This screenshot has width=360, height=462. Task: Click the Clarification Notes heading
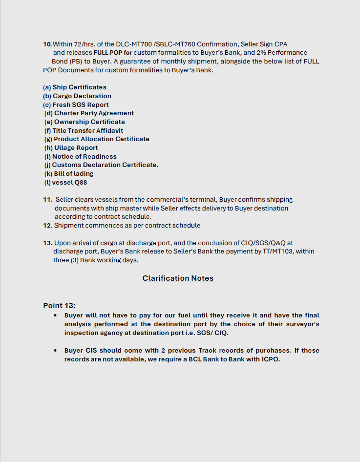pos(178,278)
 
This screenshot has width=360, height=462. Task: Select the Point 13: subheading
pos(59,305)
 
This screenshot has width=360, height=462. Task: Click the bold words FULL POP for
pos(113,53)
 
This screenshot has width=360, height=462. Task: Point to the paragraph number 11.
pos(47,199)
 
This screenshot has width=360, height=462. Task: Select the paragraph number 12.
pos(47,226)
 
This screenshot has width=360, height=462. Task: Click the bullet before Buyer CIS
pos(56,351)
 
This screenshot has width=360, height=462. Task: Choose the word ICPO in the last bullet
pos(270,359)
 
